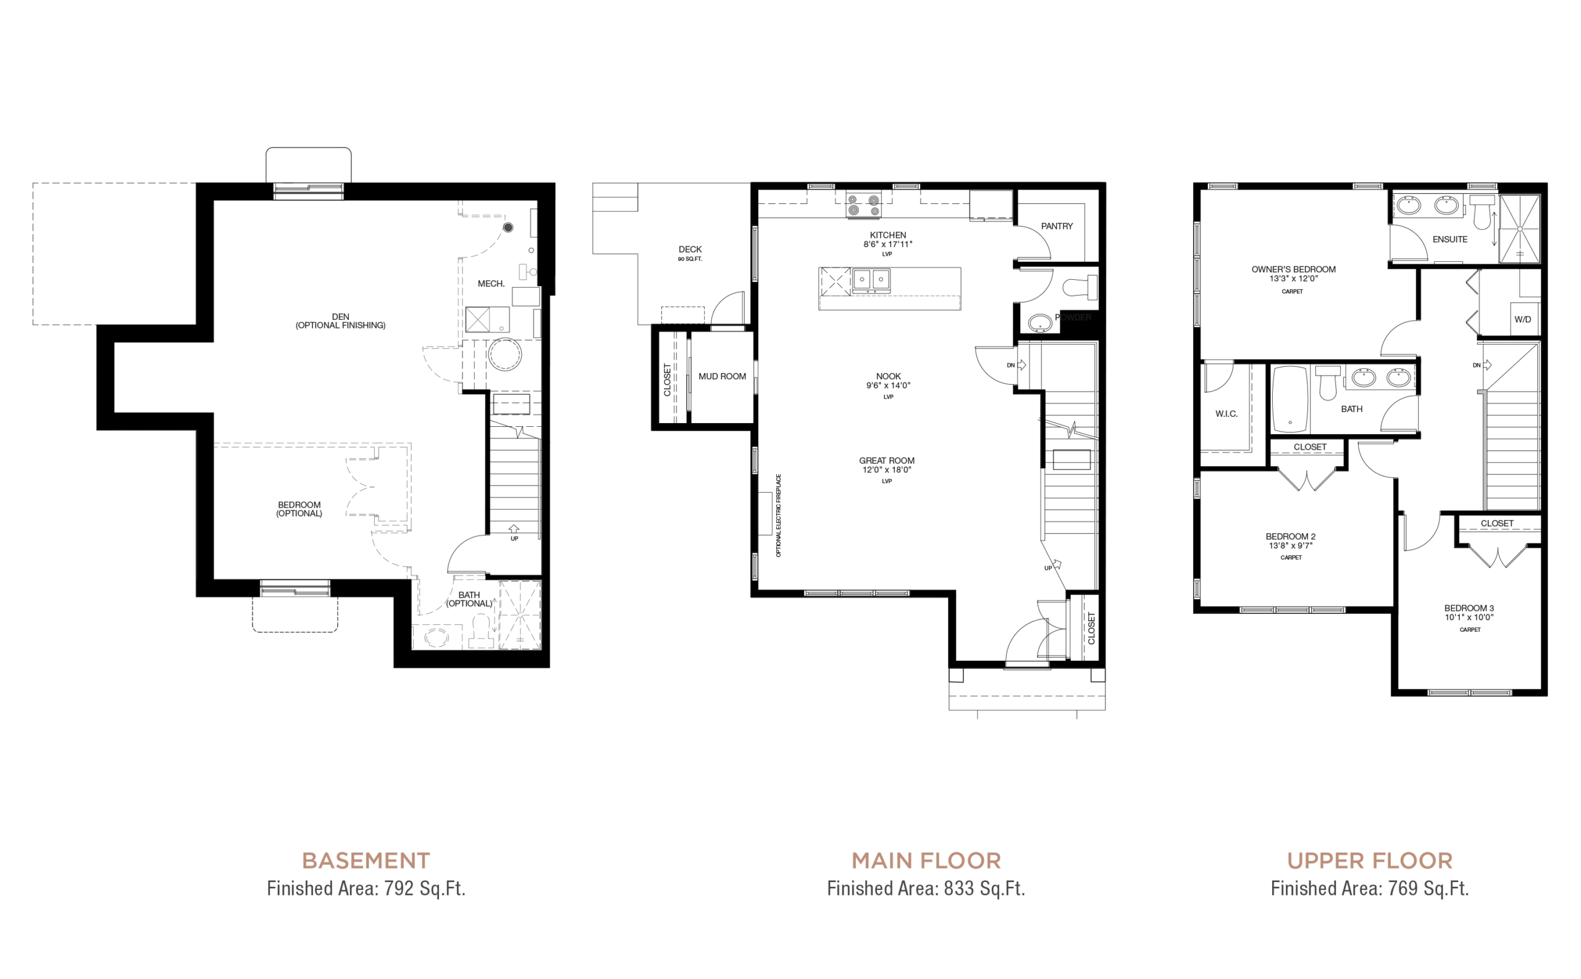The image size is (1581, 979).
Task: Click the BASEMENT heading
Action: click(x=367, y=860)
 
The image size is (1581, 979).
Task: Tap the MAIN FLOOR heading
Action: click(x=926, y=860)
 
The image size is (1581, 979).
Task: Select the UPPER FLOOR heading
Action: click(x=1369, y=860)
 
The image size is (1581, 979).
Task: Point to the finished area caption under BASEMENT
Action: click(x=367, y=891)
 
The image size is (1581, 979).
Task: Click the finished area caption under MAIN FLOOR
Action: click(x=926, y=891)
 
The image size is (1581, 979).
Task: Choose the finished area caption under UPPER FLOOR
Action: click(x=1370, y=891)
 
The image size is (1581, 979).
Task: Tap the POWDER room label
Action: click(x=1073, y=317)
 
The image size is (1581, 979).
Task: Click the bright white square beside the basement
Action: click(x=574, y=289)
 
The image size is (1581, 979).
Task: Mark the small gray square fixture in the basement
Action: click(x=480, y=320)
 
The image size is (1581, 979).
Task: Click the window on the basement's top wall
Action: click(x=308, y=187)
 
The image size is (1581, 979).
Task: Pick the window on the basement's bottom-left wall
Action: click(x=295, y=592)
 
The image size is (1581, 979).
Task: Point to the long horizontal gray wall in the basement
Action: click(x=314, y=445)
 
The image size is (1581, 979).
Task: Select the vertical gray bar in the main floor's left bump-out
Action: click(x=667, y=380)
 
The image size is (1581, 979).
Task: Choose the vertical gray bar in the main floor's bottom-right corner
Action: click(x=1091, y=627)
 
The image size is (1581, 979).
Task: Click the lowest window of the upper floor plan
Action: click(x=1470, y=692)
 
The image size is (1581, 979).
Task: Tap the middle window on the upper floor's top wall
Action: click(x=1367, y=185)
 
